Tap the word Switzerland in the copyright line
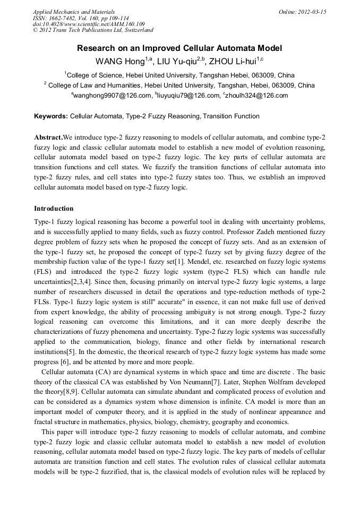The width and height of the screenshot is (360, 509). click(134, 31)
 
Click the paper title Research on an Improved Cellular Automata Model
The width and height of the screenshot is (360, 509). click(179, 48)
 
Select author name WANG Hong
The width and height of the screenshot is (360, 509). click(115, 61)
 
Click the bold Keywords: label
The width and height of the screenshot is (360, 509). click(51, 116)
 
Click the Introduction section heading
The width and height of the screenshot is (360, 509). click(54, 209)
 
